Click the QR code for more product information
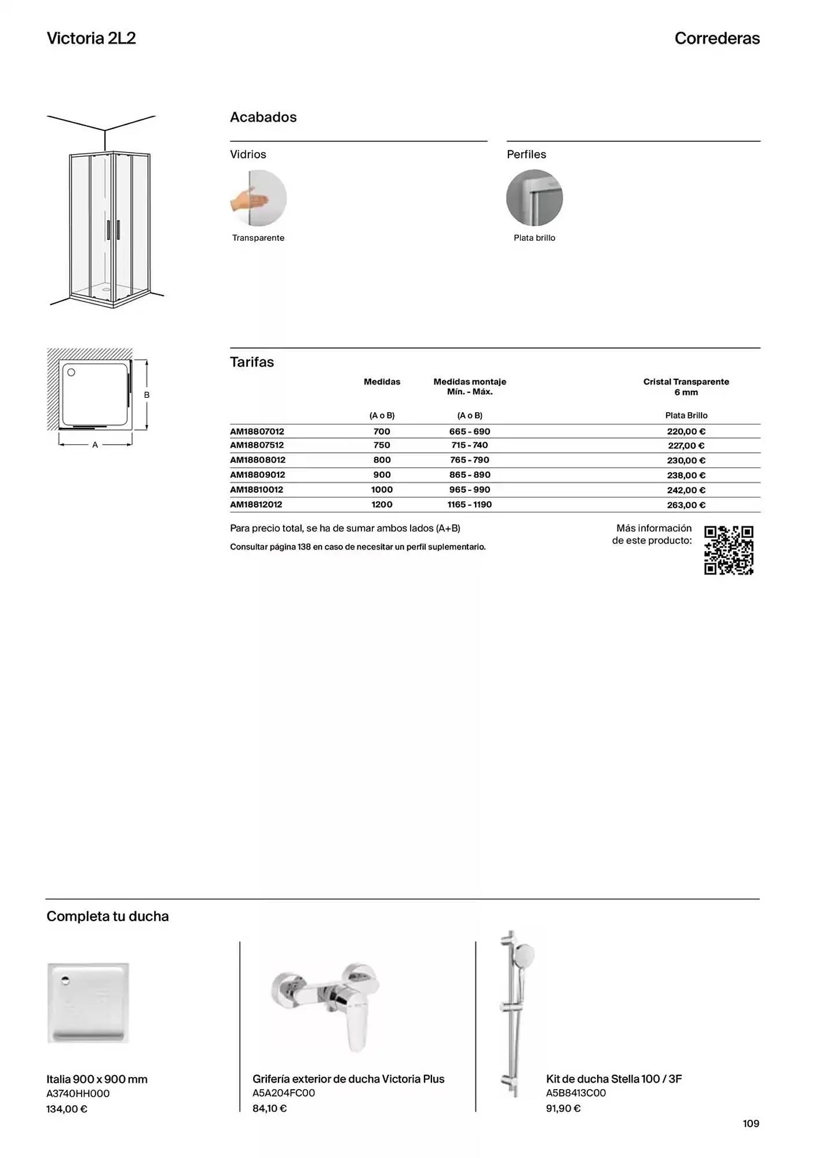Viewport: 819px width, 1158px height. pyautogui.click(x=729, y=550)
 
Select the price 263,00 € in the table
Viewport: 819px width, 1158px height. pyautogui.click(x=686, y=505)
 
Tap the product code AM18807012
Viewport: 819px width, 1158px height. pyautogui.click(x=257, y=431)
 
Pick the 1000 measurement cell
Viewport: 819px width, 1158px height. pyautogui.click(x=382, y=490)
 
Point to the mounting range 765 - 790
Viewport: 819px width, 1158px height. pyautogui.click(x=469, y=460)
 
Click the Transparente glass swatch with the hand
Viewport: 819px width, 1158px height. pyautogui.click(x=258, y=198)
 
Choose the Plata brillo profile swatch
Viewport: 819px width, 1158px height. pyautogui.click(x=534, y=198)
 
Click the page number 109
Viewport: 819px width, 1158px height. pyautogui.click(x=751, y=1123)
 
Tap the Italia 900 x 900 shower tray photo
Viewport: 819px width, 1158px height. pyautogui.click(x=88, y=1003)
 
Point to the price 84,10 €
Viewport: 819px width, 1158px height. pyautogui.click(x=269, y=1108)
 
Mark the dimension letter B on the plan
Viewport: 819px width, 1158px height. pyautogui.click(x=147, y=395)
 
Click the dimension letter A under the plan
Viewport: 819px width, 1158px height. pyautogui.click(x=95, y=445)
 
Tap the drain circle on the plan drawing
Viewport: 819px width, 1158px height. pyautogui.click(x=71, y=372)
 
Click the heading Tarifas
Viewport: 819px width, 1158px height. pyautogui.click(x=252, y=362)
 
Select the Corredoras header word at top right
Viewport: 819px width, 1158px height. pyautogui.click(x=716, y=38)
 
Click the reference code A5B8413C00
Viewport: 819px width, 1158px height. pyautogui.click(x=576, y=1093)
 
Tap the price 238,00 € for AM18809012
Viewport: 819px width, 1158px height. pyautogui.click(x=686, y=475)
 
